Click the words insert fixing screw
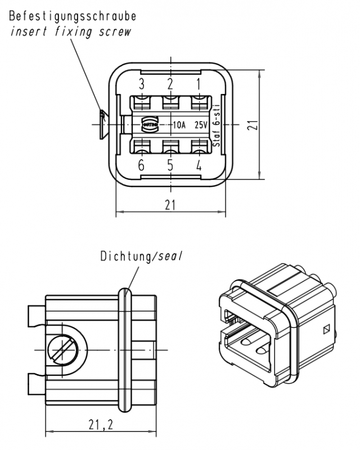71,31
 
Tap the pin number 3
142,84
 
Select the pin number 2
170,84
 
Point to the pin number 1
199,84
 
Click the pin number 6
141,165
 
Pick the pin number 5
170,165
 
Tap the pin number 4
199,165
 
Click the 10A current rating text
179,125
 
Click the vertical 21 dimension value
254,125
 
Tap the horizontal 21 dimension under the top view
170,205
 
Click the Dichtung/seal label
142,257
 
